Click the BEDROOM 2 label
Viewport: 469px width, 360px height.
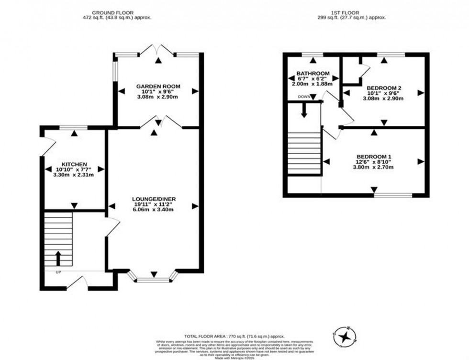383,88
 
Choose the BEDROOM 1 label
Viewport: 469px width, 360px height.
374,157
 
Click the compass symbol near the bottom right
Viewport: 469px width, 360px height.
344,336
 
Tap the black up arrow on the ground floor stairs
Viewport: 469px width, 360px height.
58,259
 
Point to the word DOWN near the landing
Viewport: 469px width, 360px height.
304,97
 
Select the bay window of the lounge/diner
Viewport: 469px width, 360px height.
154,277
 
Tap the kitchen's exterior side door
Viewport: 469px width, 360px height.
47,144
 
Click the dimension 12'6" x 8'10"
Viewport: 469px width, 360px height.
374,162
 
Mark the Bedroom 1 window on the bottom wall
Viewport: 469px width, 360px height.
392,195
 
